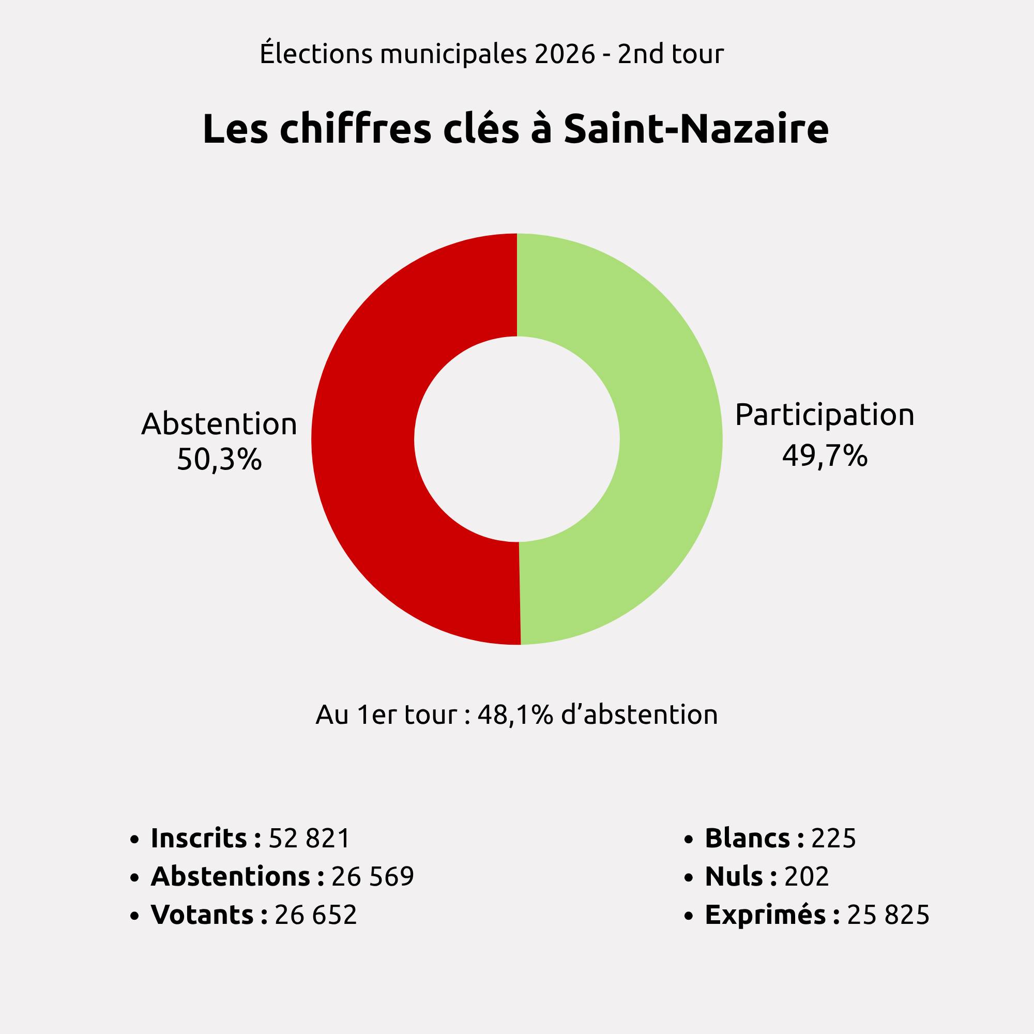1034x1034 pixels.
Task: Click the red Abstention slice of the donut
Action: pyautogui.click(x=364, y=439)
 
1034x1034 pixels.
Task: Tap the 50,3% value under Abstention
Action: pyautogui.click(x=219, y=459)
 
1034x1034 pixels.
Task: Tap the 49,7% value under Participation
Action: pyautogui.click(x=825, y=456)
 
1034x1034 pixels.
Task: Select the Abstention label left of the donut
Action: pyautogui.click(x=219, y=424)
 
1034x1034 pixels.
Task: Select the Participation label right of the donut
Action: pyautogui.click(x=825, y=415)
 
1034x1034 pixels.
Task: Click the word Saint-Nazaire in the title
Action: pyautogui.click(x=696, y=130)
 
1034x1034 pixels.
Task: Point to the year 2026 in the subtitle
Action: pyautogui.click(x=565, y=55)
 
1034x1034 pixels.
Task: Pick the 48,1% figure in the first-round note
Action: pyautogui.click(x=515, y=714)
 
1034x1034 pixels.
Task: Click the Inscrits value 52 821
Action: pyautogui.click(x=309, y=838)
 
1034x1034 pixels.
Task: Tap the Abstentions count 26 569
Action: pyautogui.click(x=372, y=876)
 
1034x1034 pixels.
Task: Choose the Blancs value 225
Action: pyautogui.click(x=834, y=838)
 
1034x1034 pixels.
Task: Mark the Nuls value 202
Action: pyautogui.click(x=807, y=876)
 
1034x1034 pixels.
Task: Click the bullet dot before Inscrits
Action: pyautogui.click(x=134, y=839)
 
